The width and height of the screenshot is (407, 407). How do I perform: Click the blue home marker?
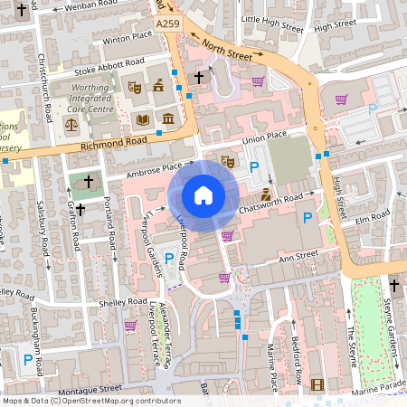click(x=203, y=194)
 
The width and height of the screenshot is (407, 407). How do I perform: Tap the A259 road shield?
click(x=167, y=24)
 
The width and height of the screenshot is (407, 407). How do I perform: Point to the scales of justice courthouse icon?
click(x=71, y=123)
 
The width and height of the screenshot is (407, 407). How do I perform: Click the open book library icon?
click(x=142, y=119)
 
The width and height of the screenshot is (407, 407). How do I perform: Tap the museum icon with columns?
click(x=168, y=119)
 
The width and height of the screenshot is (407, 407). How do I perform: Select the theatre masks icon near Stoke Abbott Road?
click(x=134, y=88)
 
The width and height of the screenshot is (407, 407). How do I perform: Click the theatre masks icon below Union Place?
click(x=228, y=161)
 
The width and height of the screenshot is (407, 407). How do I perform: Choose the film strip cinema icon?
click(x=317, y=384)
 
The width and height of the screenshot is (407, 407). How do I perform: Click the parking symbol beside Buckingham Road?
click(x=28, y=360)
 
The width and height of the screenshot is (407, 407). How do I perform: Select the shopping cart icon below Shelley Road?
click(x=129, y=325)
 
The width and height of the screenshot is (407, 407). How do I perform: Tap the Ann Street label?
click(x=298, y=257)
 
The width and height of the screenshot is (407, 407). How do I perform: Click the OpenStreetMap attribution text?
click(x=90, y=401)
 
